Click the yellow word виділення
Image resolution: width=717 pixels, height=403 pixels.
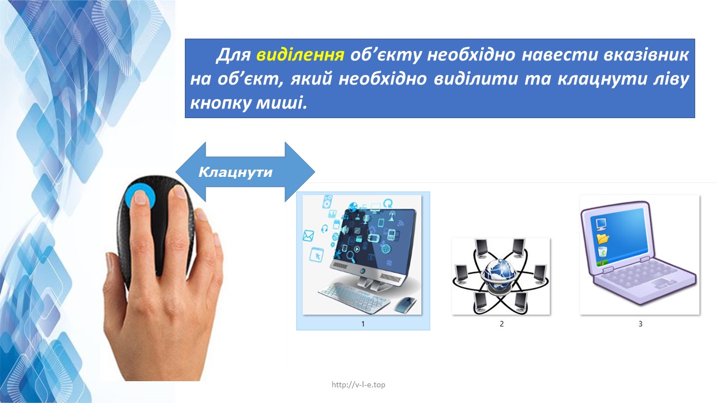click(300, 55)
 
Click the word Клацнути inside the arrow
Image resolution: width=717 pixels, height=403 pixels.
click(235, 172)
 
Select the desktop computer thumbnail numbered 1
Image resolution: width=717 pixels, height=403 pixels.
click(362, 255)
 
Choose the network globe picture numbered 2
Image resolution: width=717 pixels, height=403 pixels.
click(501, 276)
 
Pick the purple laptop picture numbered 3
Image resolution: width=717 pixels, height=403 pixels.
click(640, 255)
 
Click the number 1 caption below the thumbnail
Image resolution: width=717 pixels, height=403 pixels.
click(362, 324)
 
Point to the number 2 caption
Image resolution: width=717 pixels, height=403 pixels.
click(501, 324)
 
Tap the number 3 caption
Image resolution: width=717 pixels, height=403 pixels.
click(640, 324)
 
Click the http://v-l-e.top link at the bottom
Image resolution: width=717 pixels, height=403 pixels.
click(358, 385)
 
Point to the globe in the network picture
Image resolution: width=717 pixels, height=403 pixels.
click(499, 274)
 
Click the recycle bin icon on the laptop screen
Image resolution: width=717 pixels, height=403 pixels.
click(602, 252)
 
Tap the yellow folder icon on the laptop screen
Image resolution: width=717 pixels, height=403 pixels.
click(602, 238)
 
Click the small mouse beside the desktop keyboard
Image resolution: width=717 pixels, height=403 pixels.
click(405, 304)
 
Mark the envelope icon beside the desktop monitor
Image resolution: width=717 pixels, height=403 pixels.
click(308, 236)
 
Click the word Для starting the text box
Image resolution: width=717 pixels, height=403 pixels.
click(234, 55)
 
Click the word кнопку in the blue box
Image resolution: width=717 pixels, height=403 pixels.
click(221, 102)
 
